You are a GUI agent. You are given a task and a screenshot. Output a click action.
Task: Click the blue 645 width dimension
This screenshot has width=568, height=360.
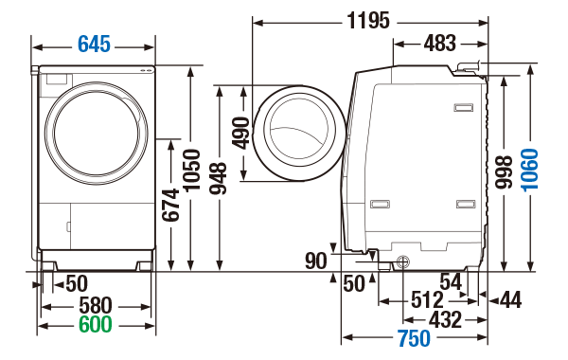point(94,44)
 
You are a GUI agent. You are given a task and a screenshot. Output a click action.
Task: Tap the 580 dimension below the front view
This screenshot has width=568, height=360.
point(95,305)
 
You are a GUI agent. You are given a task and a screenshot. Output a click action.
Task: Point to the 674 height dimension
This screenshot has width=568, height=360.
point(171,204)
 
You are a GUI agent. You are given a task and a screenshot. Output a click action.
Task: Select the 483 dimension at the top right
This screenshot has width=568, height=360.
point(438,43)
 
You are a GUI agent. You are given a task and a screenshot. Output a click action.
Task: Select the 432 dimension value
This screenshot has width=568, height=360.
point(445,319)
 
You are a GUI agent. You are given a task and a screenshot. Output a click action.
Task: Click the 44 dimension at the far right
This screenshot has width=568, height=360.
point(510,300)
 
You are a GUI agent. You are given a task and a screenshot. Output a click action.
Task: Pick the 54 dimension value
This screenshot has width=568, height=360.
point(452,281)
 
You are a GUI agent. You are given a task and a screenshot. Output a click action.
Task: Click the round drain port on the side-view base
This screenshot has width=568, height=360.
point(402,262)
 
